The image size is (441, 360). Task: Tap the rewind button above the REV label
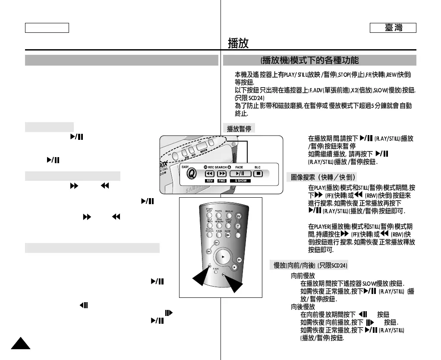210,174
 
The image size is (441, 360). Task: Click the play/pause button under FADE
240,174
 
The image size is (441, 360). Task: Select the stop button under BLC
258,174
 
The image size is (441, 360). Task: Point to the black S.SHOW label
240,181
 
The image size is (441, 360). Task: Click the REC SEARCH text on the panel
217,167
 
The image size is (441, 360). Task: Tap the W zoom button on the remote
238,216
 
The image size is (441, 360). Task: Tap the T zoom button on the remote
237,226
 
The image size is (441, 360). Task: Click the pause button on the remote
239,260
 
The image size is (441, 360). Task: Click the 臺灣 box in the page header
393,28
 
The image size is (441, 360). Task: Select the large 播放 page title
238,43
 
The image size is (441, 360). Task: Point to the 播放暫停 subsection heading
239,129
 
